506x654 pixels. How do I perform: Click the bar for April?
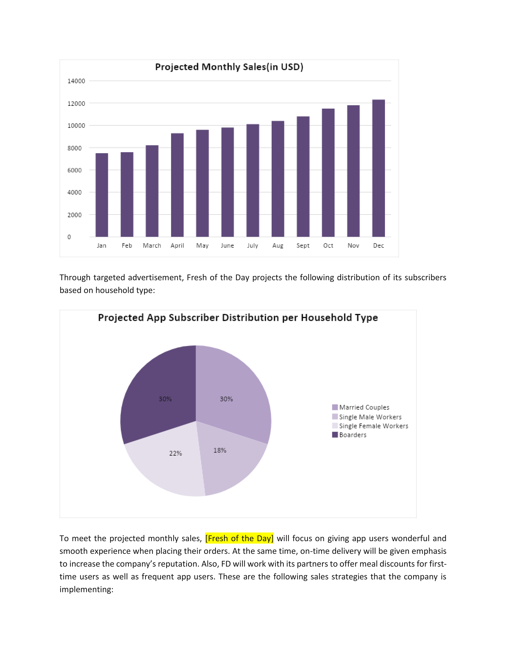pyautogui.click(x=177, y=185)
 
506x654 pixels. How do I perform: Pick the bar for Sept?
pyautogui.click(x=303, y=177)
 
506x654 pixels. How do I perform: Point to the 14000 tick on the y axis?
pyautogui.click(x=76, y=81)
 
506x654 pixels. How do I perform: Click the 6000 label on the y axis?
pyautogui.click(x=74, y=170)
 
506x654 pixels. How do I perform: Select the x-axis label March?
pyautogui.click(x=152, y=246)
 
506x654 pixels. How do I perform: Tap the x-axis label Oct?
pyautogui.click(x=328, y=246)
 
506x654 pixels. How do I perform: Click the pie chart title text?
pyautogui.click(x=238, y=317)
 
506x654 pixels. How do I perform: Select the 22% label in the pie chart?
pyautogui.click(x=176, y=453)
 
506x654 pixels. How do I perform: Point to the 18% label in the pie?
pyautogui.click(x=220, y=450)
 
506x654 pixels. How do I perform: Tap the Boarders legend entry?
pyautogui.click(x=349, y=435)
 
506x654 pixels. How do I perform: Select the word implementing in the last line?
pyautogui.click(x=86, y=589)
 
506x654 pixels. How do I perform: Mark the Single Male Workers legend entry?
pyautogui.click(x=367, y=417)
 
